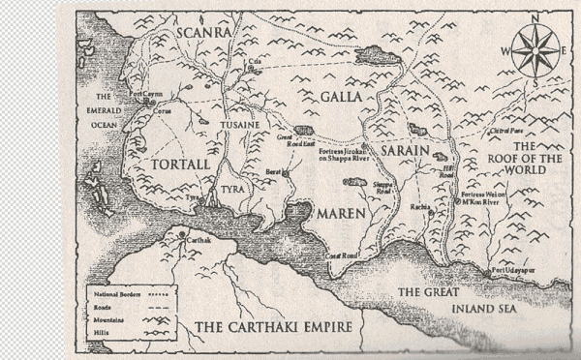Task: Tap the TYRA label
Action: click(233, 189)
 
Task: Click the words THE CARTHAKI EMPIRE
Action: click(272, 328)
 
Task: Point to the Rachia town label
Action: click(419, 207)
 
